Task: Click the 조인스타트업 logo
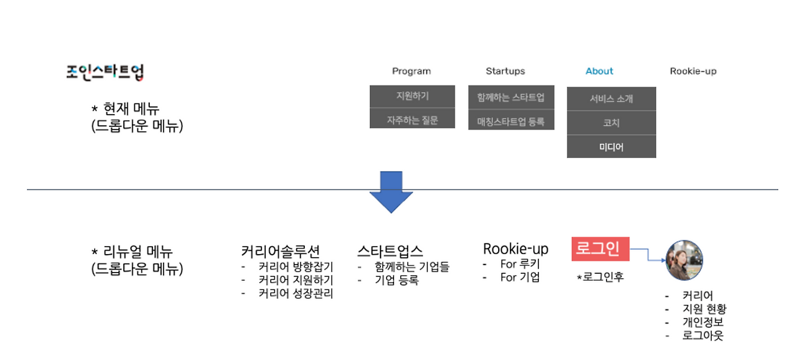click(x=105, y=72)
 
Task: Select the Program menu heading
click(x=411, y=71)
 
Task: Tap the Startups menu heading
click(x=505, y=71)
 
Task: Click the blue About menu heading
click(x=599, y=71)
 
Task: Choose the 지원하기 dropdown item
click(x=413, y=96)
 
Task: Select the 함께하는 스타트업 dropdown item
click(x=511, y=97)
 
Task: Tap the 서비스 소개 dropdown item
click(x=611, y=99)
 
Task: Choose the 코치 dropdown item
click(x=611, y=123)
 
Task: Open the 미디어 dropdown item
click(x=611, y=147)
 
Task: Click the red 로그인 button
click(x=600, y=249)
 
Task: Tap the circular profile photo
click(x=685, y=260)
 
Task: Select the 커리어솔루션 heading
click(x=281, y=252)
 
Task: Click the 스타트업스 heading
click(x=390, y=252)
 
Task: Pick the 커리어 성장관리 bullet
click(x=296, y=294)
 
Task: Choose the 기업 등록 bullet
click(x=396, y=280)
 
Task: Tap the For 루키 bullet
click(x=520, y=264)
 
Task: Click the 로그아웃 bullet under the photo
click(x=703, y=336)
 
